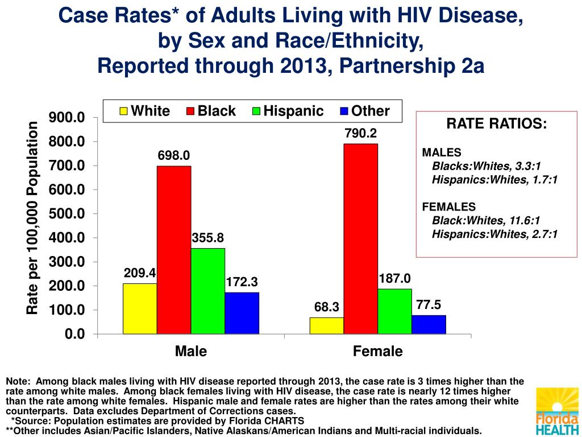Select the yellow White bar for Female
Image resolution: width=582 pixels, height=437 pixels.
pyautogui.click(x=326, y=325)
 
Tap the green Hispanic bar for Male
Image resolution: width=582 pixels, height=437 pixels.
pyautogui.click(x=207, y=291)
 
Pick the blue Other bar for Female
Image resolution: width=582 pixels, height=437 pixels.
pyautogui.click(x=429, y=324)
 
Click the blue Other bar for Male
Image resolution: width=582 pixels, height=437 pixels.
pyautogui.click(x=242, y=313)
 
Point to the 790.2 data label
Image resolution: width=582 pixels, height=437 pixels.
pyautogui.click(x=360, y=133)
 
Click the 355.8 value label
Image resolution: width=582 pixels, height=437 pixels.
pyautogui.click(x=208, y=238)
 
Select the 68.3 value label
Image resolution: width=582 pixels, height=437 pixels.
pyautogui.click(x=326, y=307)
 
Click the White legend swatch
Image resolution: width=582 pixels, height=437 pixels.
pyautogui.click(x=123, y=112)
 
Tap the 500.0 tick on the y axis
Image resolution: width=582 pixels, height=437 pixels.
pyautogui.click(x=67, y=214)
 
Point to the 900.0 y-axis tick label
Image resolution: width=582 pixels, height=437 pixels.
pyautogui.click(x=67, y=118)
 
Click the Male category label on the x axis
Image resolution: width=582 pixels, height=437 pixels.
pyautogui.click(x=191, y=351)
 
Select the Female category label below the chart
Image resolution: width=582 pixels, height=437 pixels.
pyautogui.click(x=377, y=351)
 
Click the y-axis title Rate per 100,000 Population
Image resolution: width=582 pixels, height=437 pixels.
pyautogui.click(x=32, y=218)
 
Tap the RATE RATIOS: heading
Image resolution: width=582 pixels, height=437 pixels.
pyautogui.click(x=496, y=124)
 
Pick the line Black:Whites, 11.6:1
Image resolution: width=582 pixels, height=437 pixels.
pyautogui.click(x=486, y=220)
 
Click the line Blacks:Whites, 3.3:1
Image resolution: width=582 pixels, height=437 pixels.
pyautogui.click(x=487, y=166)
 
